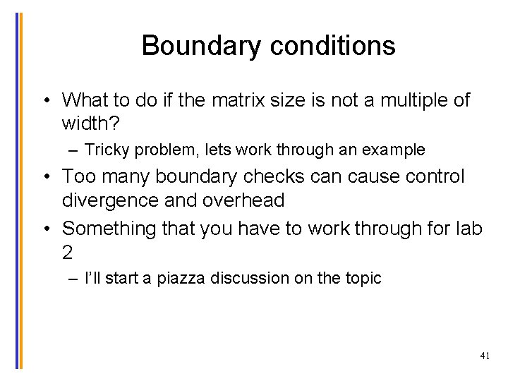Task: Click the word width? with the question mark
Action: click(92, 124)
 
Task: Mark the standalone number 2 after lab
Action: click(68, 253)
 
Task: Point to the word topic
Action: click(363, 279)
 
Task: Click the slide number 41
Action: click(484, 356)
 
